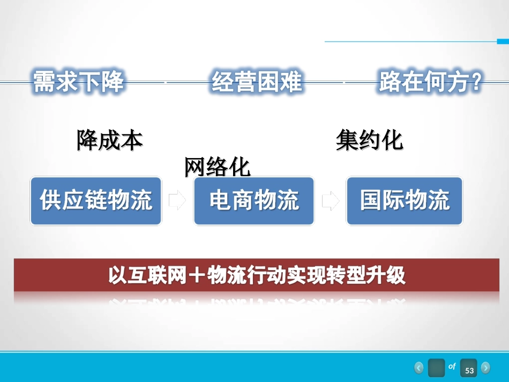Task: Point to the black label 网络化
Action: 218,167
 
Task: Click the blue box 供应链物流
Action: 96,201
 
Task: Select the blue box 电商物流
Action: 254,201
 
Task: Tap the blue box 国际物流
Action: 405,201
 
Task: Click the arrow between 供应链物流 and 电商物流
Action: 177,201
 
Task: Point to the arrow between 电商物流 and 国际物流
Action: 331,201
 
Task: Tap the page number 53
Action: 469,369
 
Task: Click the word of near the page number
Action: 452,366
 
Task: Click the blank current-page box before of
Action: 437,368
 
